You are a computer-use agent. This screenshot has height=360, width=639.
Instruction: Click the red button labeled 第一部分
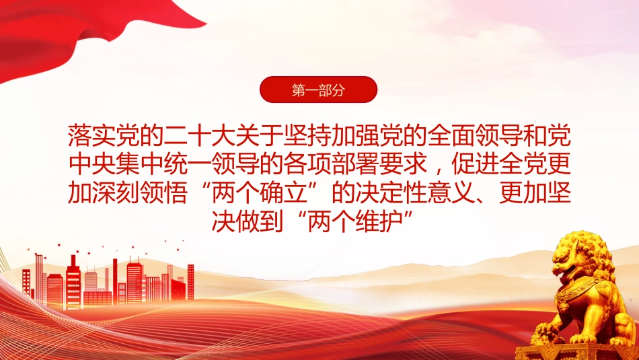pyautogui.click(x=318, y=89)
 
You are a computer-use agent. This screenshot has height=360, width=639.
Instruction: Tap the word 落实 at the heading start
pyautogui.click(x=91, y=136)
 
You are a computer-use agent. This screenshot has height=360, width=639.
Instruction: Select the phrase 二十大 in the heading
pyautogui.click(x=200, y=136)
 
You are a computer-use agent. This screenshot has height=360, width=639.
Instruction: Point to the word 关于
pyautogui.click(x=260, y=136)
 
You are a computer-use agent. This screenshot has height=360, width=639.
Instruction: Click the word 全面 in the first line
pyautogui.click(x=451, y=136)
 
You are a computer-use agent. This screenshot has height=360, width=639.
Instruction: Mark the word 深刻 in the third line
pyautogui.click(x=116, y=192)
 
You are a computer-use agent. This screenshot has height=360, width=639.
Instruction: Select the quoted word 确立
pyautogui.click(x=283, y=192)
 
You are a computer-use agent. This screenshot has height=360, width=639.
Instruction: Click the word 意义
pyautogui.click(x=451, y=192)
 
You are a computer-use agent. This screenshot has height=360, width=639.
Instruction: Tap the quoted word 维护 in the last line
pyautogui.click(x=379, y=221)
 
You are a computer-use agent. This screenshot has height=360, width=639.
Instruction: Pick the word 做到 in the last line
pyautogui.click(x=259, y=221)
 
